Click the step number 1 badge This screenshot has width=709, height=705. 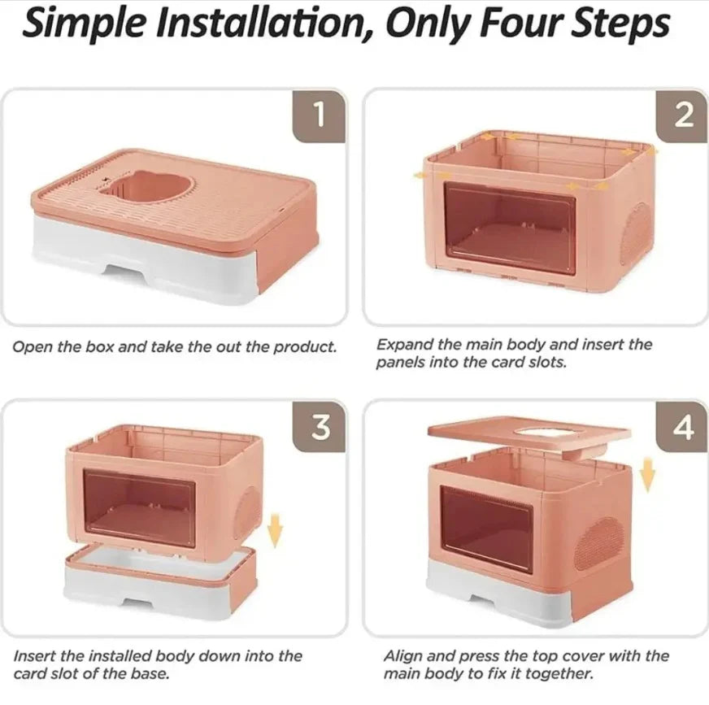pos(319,117)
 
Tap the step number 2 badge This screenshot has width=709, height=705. pos(684,117)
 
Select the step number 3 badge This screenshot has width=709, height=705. pos(319,429)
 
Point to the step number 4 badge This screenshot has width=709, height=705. pos(684,429)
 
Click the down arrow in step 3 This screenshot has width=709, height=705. pos(276,529)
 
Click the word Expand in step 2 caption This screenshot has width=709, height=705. pos(401,344)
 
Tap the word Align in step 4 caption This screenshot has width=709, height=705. pos(403,655)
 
